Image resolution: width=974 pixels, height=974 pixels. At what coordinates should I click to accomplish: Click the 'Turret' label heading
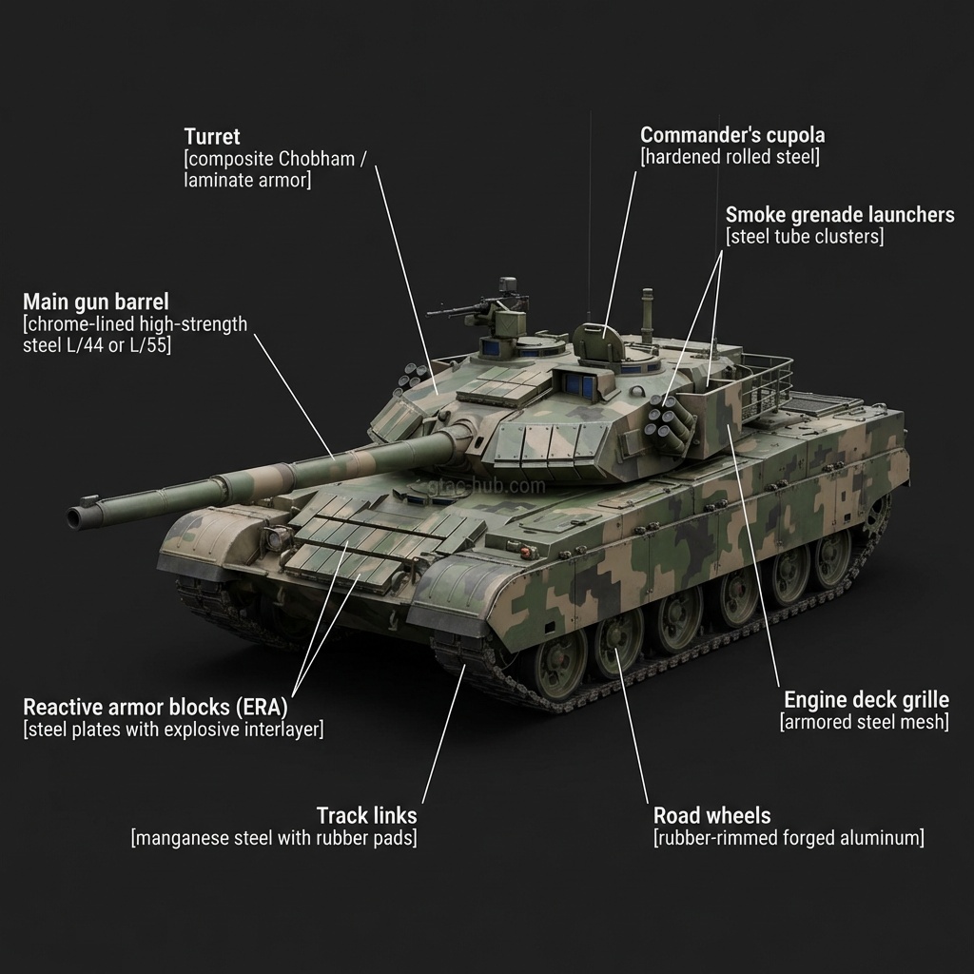(x=212, y=137)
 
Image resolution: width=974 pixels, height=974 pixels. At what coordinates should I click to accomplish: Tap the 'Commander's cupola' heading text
(x=732, y=135)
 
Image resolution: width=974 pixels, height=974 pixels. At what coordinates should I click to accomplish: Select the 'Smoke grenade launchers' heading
(x=840, y=214)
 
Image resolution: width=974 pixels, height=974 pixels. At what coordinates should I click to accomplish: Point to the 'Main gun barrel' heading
(x=96, y=302)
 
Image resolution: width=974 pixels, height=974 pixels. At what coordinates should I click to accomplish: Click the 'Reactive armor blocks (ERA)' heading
(x=155, y=707)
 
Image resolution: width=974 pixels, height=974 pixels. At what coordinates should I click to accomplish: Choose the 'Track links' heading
(x=366, y=815)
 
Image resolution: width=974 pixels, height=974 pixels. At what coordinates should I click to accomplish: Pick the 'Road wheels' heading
(x=711, y=815)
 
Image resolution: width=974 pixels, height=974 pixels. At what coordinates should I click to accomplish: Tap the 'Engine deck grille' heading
(x=867, y=700)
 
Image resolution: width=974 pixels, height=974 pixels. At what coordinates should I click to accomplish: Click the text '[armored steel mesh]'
(x=865, y=722)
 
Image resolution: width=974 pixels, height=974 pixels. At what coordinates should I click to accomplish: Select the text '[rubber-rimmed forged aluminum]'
(x=789, y=837)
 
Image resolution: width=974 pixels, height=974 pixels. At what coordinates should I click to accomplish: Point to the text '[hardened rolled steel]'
(x=730, y=157)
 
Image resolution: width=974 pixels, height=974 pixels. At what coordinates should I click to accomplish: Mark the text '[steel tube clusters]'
(x=805, y=236)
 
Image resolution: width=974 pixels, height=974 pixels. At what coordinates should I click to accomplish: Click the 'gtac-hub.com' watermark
(x=486, y=486)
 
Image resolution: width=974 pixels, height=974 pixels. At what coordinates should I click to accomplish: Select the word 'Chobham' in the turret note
(x=316, y=159)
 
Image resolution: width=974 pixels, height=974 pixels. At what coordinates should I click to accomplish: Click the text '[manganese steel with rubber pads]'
(x=274, y=837)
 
